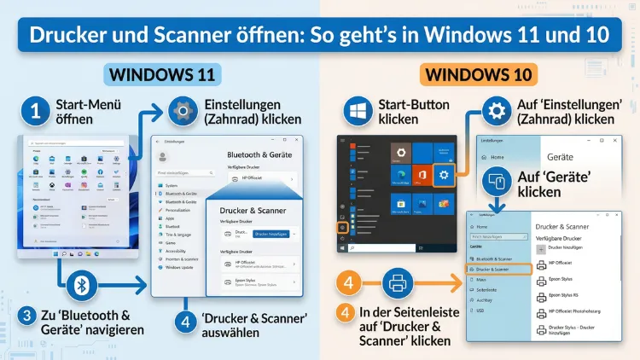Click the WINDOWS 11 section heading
(160, 75)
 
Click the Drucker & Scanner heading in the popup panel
(254, 209)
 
